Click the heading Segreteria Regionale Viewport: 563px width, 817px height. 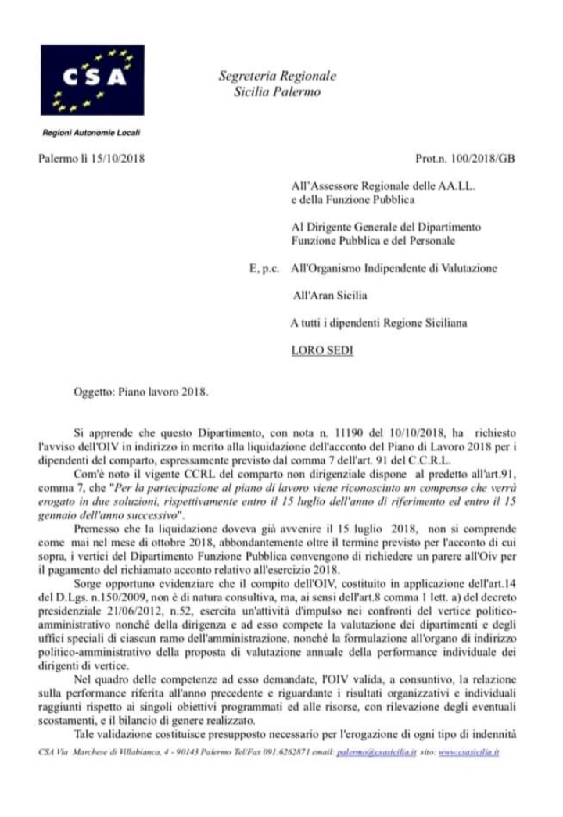point(277,76)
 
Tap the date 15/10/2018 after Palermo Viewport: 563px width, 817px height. point(117,159)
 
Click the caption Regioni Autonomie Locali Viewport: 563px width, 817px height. point(91,133)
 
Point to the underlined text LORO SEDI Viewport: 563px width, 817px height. point(321,349)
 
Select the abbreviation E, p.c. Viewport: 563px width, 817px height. point(262,268)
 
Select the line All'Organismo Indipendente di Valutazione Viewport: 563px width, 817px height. point(393,268)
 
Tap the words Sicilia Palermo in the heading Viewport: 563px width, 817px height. point(277,91)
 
